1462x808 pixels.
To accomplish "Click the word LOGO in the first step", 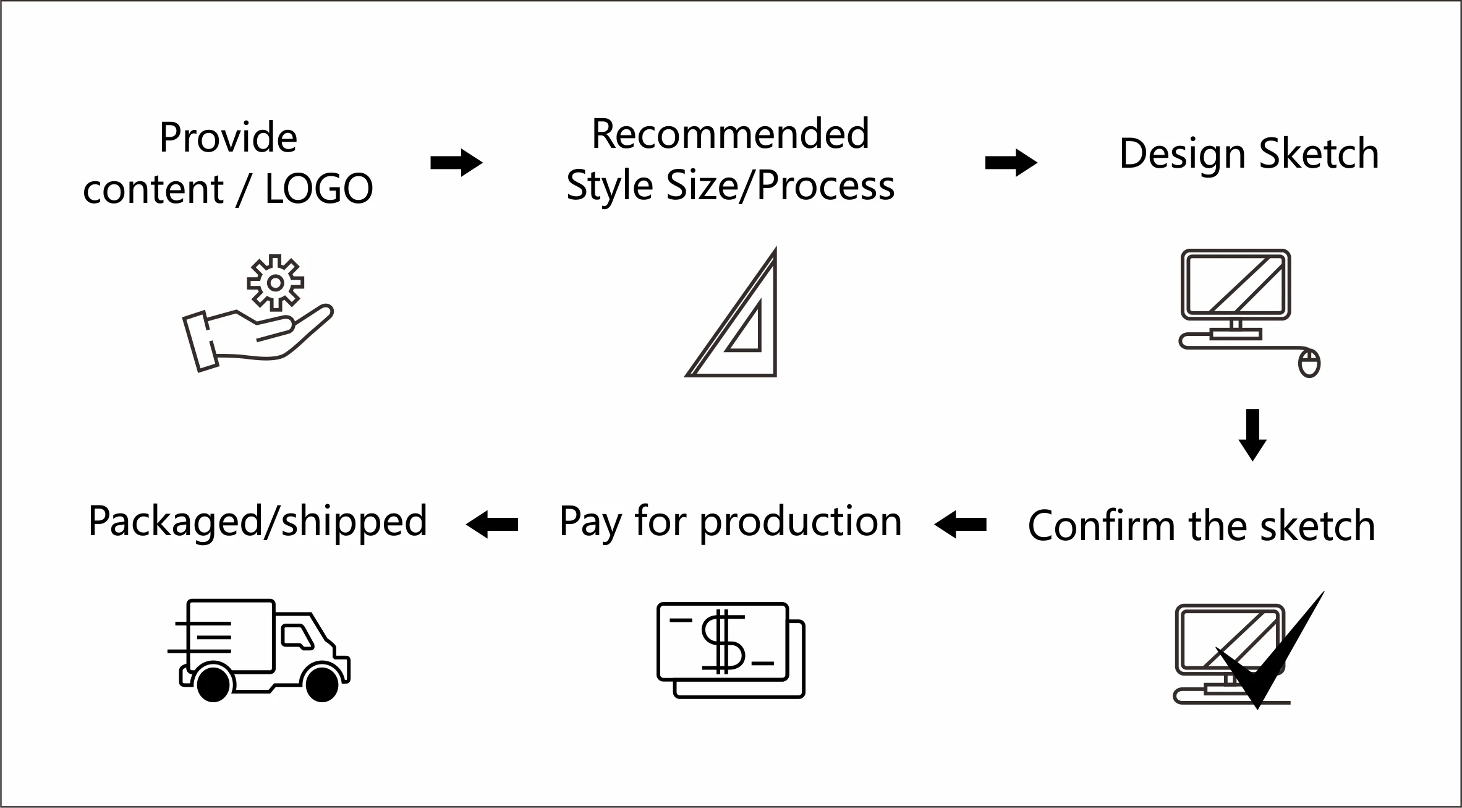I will (x=319, y=189).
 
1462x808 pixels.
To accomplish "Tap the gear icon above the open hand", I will (x=276, y=283).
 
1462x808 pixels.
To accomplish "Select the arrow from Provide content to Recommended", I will (x=456, y=163).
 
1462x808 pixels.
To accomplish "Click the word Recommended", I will (x=730, y=134).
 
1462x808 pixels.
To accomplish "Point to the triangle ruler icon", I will (x=742, y=322).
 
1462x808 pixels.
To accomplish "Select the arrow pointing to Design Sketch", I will (x=1011, y=163).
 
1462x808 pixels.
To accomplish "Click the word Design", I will (x=1181, y=154).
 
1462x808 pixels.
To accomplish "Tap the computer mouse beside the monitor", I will (x=1309, y=363).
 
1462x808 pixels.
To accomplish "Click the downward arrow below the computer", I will (x=1252, y=434).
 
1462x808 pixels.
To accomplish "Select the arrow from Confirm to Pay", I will (x=961, y=525).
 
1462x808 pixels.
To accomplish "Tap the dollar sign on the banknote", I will (x=723, y=642).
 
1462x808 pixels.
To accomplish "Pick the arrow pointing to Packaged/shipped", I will (x=492, y=525).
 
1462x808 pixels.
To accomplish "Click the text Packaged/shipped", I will (x=258, y=522).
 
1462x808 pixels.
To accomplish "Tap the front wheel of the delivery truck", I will (x=322, y=684).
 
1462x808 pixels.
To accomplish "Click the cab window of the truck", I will (x=297, y=636).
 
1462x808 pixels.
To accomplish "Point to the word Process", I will (x=825, y=186).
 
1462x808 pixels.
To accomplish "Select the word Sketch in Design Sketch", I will (x=1319, y=154).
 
